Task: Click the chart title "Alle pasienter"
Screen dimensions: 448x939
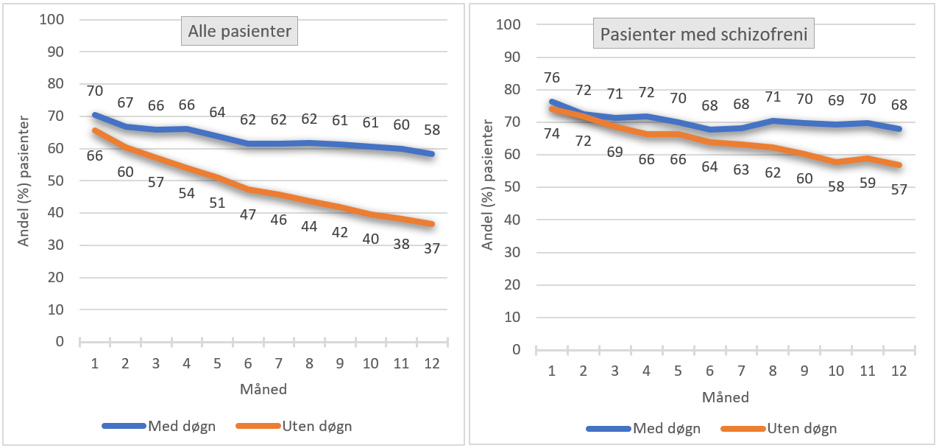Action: click(x=240, y=32)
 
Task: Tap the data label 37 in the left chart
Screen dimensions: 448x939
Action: click(x=431, y=248)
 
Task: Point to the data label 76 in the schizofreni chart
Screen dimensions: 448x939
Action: click(x=552, y=78)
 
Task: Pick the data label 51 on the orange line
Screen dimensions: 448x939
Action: click(x=217, y=203)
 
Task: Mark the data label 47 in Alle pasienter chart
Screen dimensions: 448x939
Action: click(x=248, y=216)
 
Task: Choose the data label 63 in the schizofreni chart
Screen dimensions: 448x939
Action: click(x=741, y=169)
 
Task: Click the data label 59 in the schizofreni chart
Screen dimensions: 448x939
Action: click(x=868, y=183)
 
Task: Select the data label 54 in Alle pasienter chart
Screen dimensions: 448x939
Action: click(x=186, y=193)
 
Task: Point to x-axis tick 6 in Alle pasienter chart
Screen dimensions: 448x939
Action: click(x=248, y=363)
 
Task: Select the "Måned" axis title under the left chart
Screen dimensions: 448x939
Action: click(x=263, y=389)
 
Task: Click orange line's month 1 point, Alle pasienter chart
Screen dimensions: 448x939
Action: click(x=95, y=130)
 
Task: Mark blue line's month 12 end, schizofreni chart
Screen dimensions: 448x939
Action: click(x=899, y=129)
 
